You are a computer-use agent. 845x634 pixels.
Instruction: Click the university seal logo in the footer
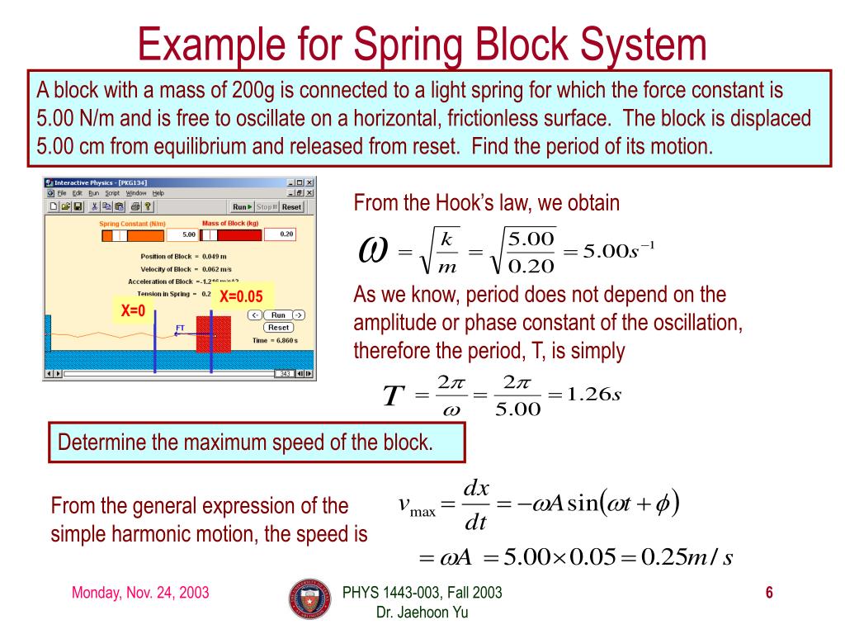[309, 599]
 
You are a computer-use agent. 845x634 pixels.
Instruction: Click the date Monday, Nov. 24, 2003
[140, 593]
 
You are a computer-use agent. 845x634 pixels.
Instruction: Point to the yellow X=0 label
[133, 311]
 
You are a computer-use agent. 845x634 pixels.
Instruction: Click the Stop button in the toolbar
[265, 207]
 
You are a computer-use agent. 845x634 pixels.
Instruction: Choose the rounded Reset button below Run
[278, 328]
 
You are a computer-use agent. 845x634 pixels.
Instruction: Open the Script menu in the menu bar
[111, 192]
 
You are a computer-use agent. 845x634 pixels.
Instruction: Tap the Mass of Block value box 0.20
[286, 234]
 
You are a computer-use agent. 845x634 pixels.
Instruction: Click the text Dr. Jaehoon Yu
[422, 612]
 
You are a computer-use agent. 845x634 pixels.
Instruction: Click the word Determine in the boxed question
[100, 442]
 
